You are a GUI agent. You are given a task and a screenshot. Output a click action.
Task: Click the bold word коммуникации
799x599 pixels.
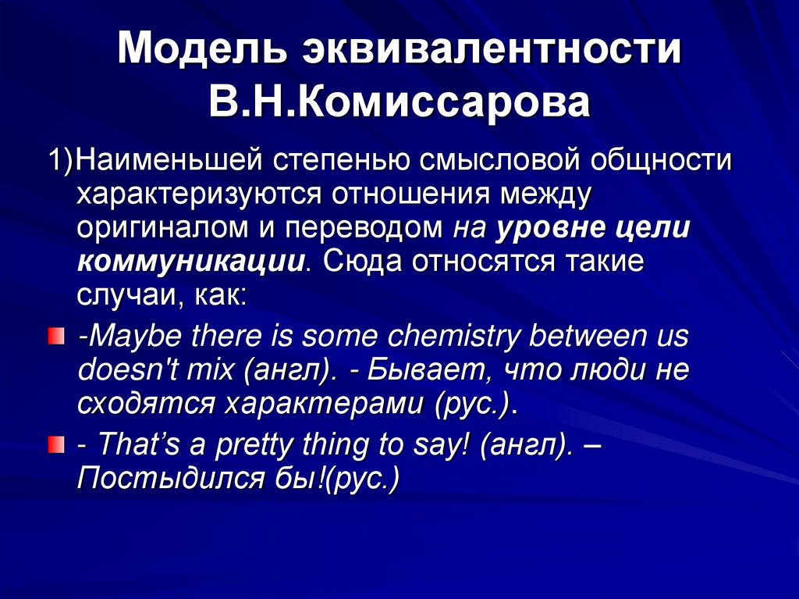pos(190,261)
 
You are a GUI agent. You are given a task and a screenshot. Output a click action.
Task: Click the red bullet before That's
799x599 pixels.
pos(54,444)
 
